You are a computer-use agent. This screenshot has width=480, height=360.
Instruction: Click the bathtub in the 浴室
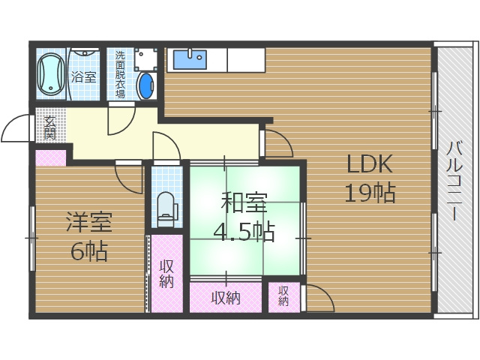click(x=51, y=75)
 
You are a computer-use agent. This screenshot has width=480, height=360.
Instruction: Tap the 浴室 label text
click(x=83, y=76)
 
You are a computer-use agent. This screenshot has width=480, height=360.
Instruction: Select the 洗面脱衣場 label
click(x=120, y=74)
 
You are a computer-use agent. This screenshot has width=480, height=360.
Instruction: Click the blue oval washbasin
click(x=146, y=87)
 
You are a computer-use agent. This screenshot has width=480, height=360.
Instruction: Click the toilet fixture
click(x=166, y=206)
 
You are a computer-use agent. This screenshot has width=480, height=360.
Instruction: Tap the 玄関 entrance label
click(x=49, y=128)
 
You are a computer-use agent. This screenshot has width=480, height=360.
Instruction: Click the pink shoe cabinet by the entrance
click(x=50, y=158)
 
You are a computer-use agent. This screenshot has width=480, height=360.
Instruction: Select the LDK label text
click(x=368, y=165)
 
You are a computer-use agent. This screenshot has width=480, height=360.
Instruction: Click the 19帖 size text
click(x=368, y=193)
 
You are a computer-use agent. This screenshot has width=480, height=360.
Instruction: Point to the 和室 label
click(x=244, y=202)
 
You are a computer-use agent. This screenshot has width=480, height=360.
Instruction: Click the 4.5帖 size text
click(x=244, y=231)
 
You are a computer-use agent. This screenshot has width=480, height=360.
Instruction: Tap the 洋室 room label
click(x=88, y=223)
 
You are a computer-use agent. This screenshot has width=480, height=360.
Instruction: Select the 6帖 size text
click(x=88, y=250)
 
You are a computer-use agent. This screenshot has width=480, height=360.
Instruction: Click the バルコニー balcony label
click(x=454, y=180)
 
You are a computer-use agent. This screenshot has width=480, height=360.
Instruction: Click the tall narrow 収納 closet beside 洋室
click(x=166, y=274)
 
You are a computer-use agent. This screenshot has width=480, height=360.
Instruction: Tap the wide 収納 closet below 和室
click(x=225, y=298)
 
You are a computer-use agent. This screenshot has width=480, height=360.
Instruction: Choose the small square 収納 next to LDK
click(x=283, y=297)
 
